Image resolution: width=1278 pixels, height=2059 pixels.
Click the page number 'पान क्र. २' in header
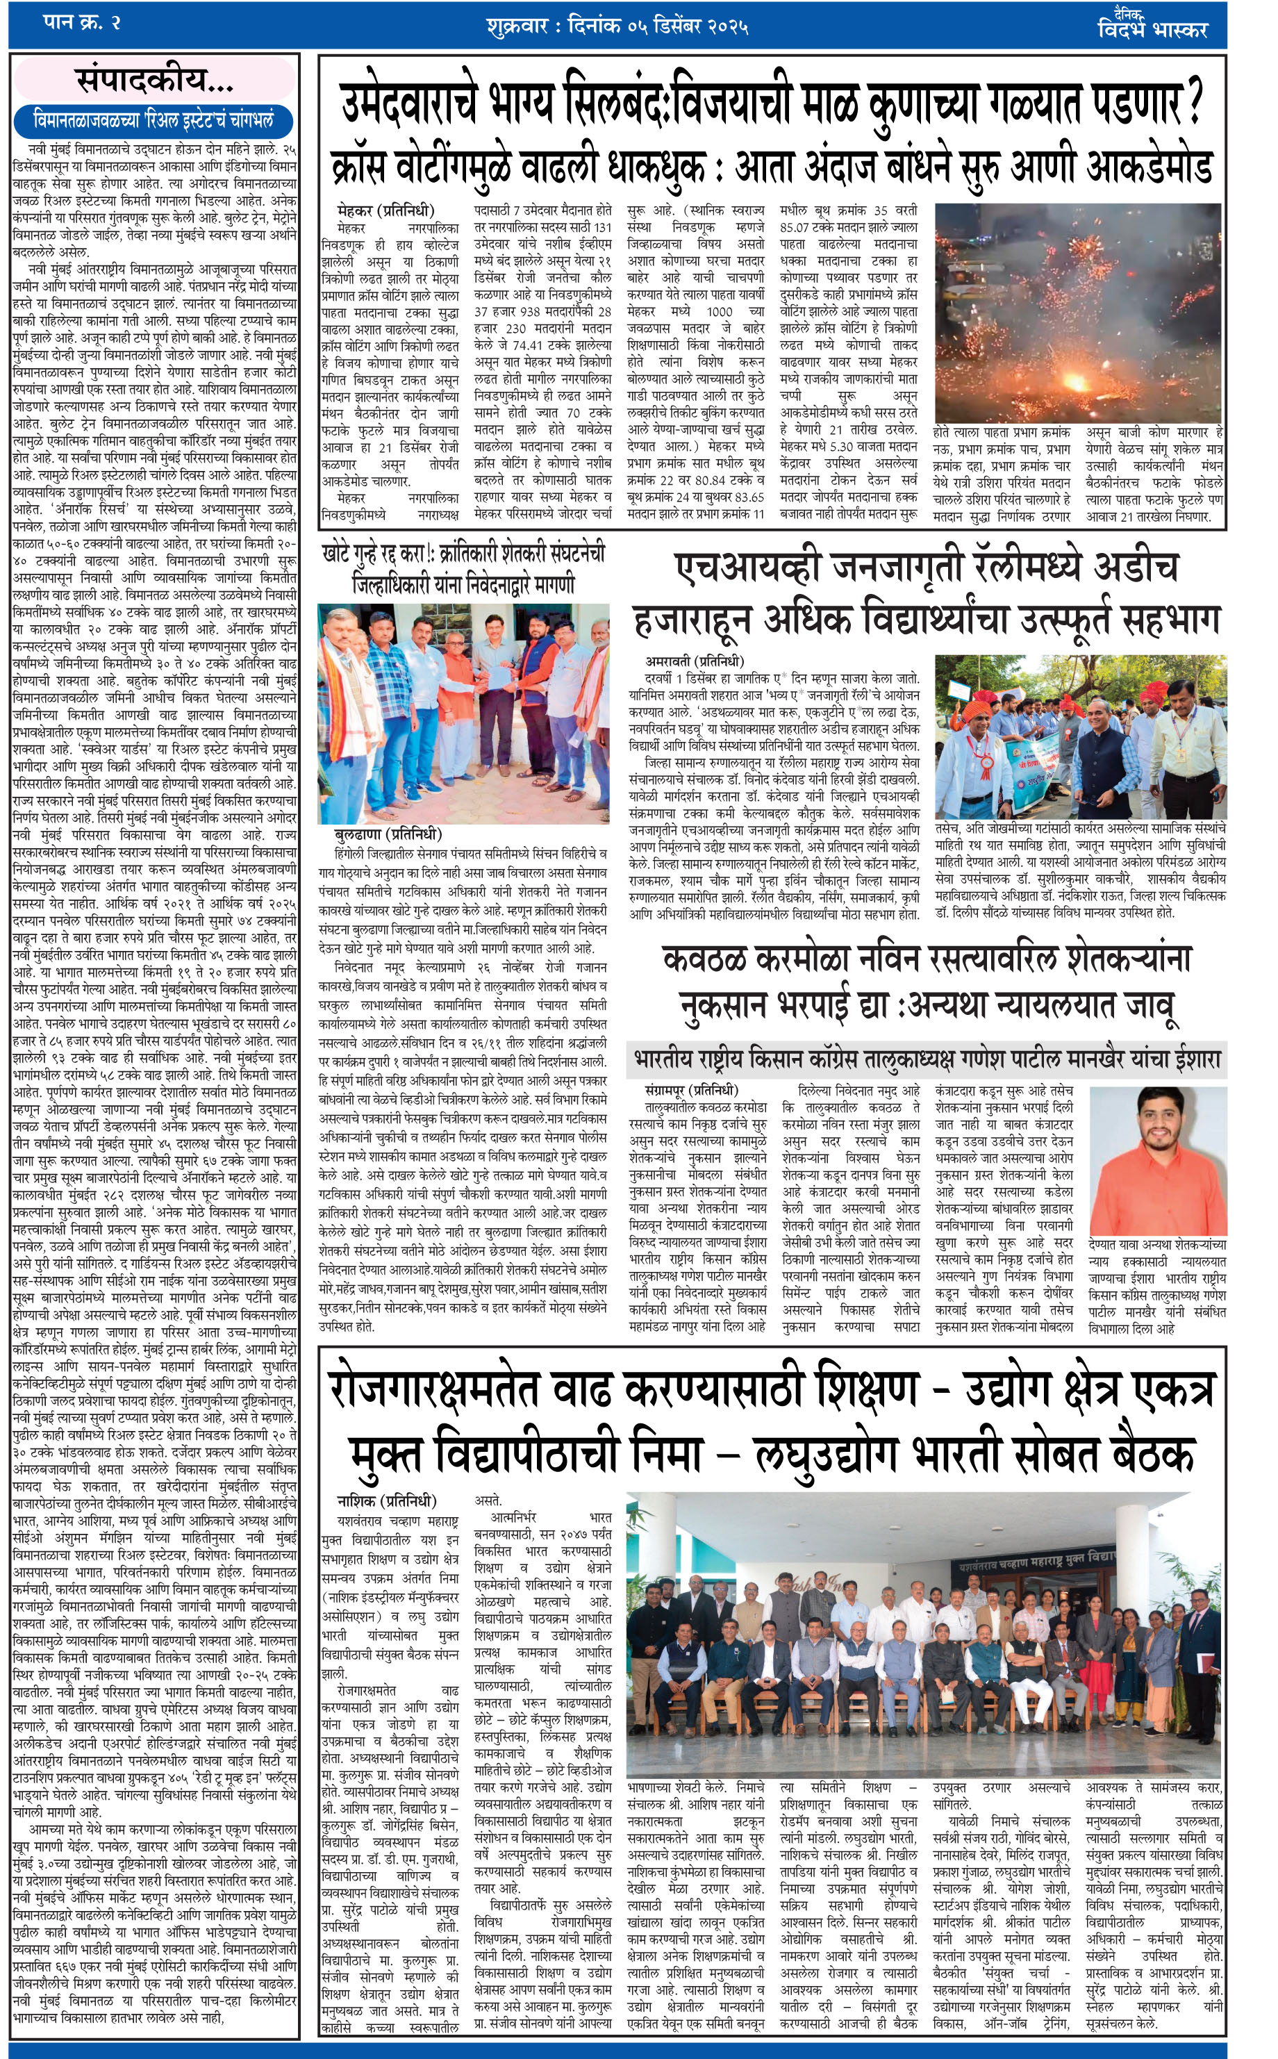[81, 23]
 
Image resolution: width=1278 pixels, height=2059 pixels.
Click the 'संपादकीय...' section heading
[153, 81]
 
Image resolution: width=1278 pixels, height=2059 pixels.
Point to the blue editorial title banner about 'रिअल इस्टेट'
[153, 120]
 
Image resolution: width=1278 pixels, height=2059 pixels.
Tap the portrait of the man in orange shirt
[1156, 1158]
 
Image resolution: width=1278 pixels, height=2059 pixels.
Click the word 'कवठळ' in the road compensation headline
[709, 959]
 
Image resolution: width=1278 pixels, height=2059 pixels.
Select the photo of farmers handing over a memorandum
[464, 713]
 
